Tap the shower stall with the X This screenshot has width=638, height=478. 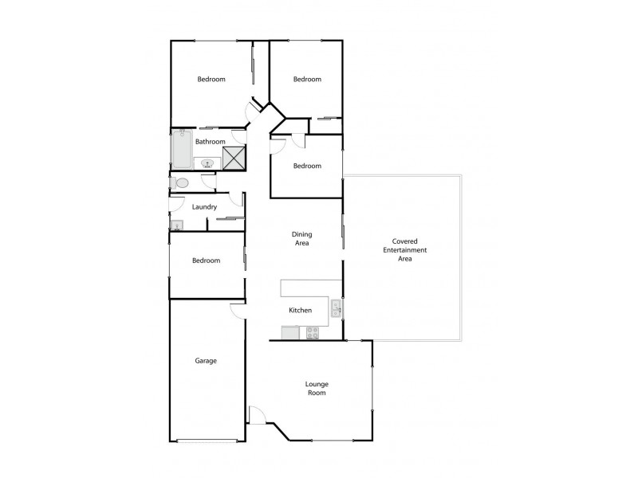pos(233,157)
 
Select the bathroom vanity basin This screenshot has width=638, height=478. pos(207,163)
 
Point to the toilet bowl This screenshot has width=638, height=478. pos(181,183)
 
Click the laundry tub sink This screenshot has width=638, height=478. pos(177,225)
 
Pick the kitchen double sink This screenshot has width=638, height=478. pos(337,308)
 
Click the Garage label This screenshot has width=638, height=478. pos(206,361)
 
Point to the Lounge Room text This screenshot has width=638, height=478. pos(317,388)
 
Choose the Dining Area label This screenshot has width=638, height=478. pos(301,238)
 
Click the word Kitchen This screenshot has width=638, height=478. pos(300,311)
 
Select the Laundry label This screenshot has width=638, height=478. pos(205,207)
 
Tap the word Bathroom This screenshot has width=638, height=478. pos(211,142)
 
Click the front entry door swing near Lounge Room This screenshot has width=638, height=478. pos(256,415)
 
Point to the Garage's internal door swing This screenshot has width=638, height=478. pos(237,310)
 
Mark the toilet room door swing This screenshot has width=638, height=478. pos(208,182)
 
